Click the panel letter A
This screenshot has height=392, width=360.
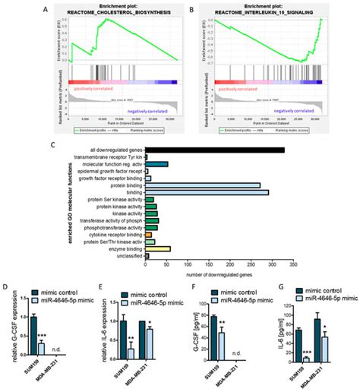[x=47, y=10]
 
